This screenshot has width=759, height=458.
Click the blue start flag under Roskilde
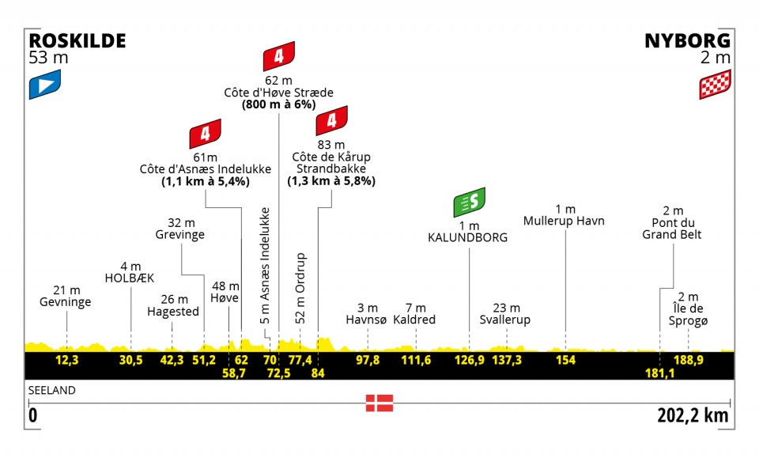pos(45,85)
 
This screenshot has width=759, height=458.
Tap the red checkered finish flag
pos(714,85)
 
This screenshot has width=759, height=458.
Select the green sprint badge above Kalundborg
pos(469,203)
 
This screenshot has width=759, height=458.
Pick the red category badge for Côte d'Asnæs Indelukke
pos(205,136)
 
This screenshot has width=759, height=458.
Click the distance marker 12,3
pos(66,360)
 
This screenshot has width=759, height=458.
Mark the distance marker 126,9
pos(469,360)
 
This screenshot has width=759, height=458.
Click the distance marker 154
pos(566,360)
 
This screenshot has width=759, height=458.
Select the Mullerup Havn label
pos(564,221)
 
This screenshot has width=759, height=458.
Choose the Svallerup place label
pos(504,320)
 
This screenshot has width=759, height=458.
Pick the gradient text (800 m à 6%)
pos(278,105)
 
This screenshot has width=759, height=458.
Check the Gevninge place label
pos(65,302)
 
